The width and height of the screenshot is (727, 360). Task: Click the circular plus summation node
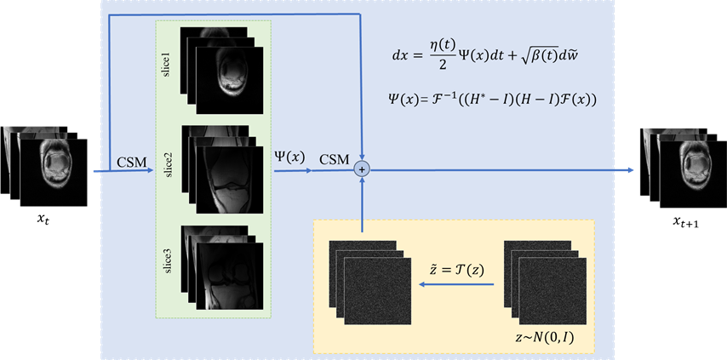click(x=362, y=170)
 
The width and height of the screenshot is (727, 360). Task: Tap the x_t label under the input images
click(x=43, y=220)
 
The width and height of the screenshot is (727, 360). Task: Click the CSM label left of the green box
click(x=131, y=162)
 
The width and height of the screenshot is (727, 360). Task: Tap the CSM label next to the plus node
click(x=335, y=160)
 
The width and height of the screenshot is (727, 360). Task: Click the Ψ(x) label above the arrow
click(x=291, y=158)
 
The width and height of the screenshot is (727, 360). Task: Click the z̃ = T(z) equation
click(x=456, y=271)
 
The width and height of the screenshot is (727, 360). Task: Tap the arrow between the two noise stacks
click(x=456, y=285)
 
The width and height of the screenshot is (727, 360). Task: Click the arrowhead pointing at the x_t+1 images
click(x=630, y=170)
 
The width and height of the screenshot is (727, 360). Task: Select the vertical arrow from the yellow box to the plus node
click(x=362, y=204)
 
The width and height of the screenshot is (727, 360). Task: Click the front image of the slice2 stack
click(x=230, y=180)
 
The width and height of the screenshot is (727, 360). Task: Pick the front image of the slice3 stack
click(x=230, y=276)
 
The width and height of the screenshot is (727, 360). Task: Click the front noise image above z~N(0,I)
click(x=552, y=291)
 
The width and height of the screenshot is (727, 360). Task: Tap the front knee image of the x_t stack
click(x=54, y=173)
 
